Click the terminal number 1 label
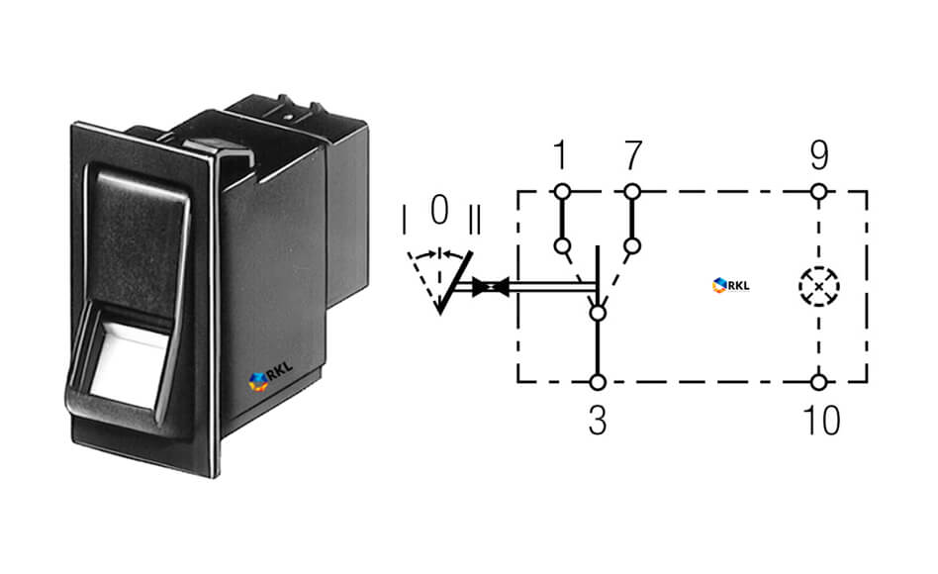point(560,154)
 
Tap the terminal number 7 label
point(633,154)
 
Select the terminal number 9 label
point(819,154)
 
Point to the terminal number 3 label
point(598,421)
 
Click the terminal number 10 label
point(822,421)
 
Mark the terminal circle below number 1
point(562,192)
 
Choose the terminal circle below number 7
point(632,192)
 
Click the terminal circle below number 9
point(819,192)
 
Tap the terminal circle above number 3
point(597,382)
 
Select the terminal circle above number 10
point(819,382)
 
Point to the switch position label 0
point(439,210)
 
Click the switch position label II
point(474,220)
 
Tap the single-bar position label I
point(405,220)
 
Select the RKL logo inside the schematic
point(731,285)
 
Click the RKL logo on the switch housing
point(270,376)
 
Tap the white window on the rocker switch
point(129,364)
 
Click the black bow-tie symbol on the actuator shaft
point(491,287)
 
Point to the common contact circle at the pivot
point(597,313)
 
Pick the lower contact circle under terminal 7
point(632,246)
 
